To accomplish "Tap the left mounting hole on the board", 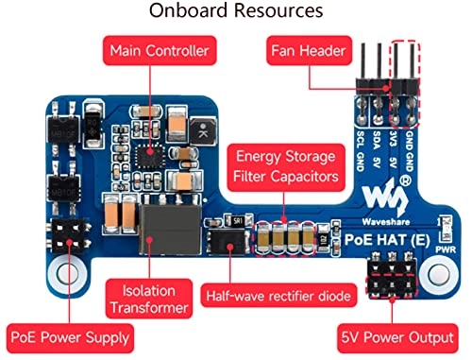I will click(66, 276).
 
